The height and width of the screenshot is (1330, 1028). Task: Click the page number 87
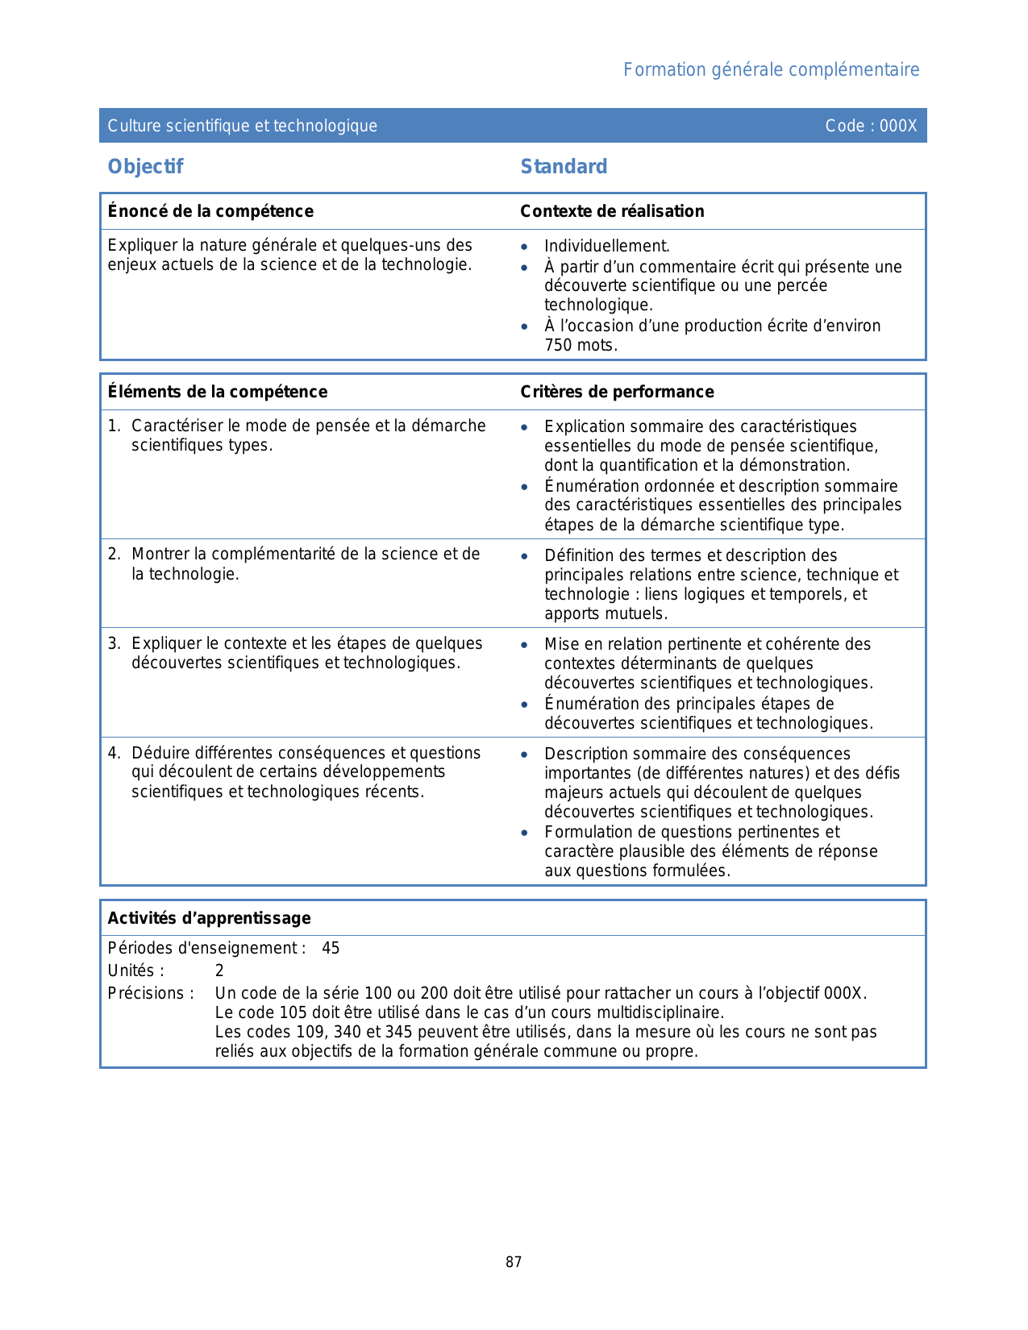[514, 1262]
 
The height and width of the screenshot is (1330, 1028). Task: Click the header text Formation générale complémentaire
[771, 70]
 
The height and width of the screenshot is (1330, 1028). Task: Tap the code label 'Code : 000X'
[871, 126]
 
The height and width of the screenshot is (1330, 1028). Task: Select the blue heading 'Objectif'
[145, 167]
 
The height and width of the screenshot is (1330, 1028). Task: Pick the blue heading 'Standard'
[564, 167]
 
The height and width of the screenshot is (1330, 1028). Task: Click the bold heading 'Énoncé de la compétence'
[210, 211]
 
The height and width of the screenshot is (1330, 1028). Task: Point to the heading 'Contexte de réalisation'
[612, 211]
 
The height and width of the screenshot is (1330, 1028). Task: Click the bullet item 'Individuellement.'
[607, 247]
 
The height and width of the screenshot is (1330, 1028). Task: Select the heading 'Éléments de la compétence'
[218, 392]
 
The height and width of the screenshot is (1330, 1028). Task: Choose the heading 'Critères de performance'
[617, 392]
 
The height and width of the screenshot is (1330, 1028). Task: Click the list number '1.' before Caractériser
[114, 426]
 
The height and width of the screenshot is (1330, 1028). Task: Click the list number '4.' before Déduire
[114, 753]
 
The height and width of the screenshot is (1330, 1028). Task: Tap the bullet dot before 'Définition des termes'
[525, 556]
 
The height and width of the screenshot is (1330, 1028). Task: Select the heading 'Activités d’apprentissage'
[209, 918]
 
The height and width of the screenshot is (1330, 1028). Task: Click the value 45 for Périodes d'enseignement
[331, 949]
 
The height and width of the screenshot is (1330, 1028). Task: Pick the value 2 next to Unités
[219, 971]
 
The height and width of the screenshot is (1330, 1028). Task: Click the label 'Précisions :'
[151, 994]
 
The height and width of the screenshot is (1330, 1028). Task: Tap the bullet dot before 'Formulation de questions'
[525, 833]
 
